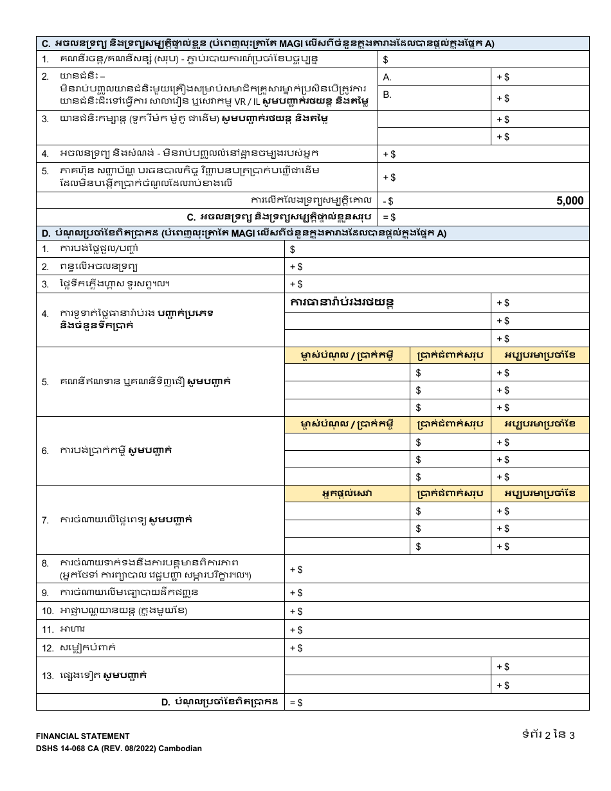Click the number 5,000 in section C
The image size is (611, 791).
569,201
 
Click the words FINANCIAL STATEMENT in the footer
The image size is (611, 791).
82,736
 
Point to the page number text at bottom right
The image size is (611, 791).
548,735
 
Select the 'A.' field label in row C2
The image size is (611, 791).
387,77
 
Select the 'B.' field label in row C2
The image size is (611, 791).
387,95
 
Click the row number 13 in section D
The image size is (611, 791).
48,676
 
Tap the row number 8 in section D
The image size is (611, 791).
45,563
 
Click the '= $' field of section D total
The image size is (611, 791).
296,703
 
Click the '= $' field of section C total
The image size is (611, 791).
390,217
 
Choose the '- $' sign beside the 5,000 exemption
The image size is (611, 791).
388,201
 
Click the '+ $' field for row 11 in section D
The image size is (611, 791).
296,630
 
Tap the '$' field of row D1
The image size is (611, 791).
293,250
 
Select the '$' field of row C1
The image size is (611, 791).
385,60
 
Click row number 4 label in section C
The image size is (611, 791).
45,154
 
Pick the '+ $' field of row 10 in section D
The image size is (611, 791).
296,612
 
